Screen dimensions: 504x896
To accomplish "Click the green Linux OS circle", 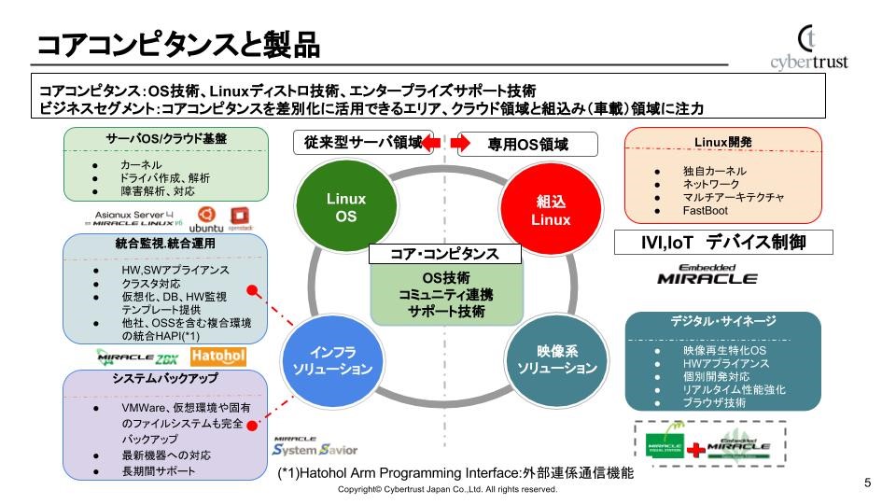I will tap(346, 207).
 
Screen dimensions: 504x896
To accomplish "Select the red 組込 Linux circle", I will tap(551, 209).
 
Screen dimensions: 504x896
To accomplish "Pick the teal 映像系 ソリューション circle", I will tap(557, 360).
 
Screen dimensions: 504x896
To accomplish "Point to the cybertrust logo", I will tap(808, 47).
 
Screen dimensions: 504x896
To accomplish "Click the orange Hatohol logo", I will tap(217, 356).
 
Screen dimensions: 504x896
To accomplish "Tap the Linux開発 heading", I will tap(722, 142).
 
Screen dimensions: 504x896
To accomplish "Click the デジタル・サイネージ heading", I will tap(722, 321).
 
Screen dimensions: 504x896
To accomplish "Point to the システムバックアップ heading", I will tap(164, 379).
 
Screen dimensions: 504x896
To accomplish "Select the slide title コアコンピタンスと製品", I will tap(178, 44).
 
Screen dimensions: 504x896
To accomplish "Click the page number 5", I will tap(868, 483).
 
